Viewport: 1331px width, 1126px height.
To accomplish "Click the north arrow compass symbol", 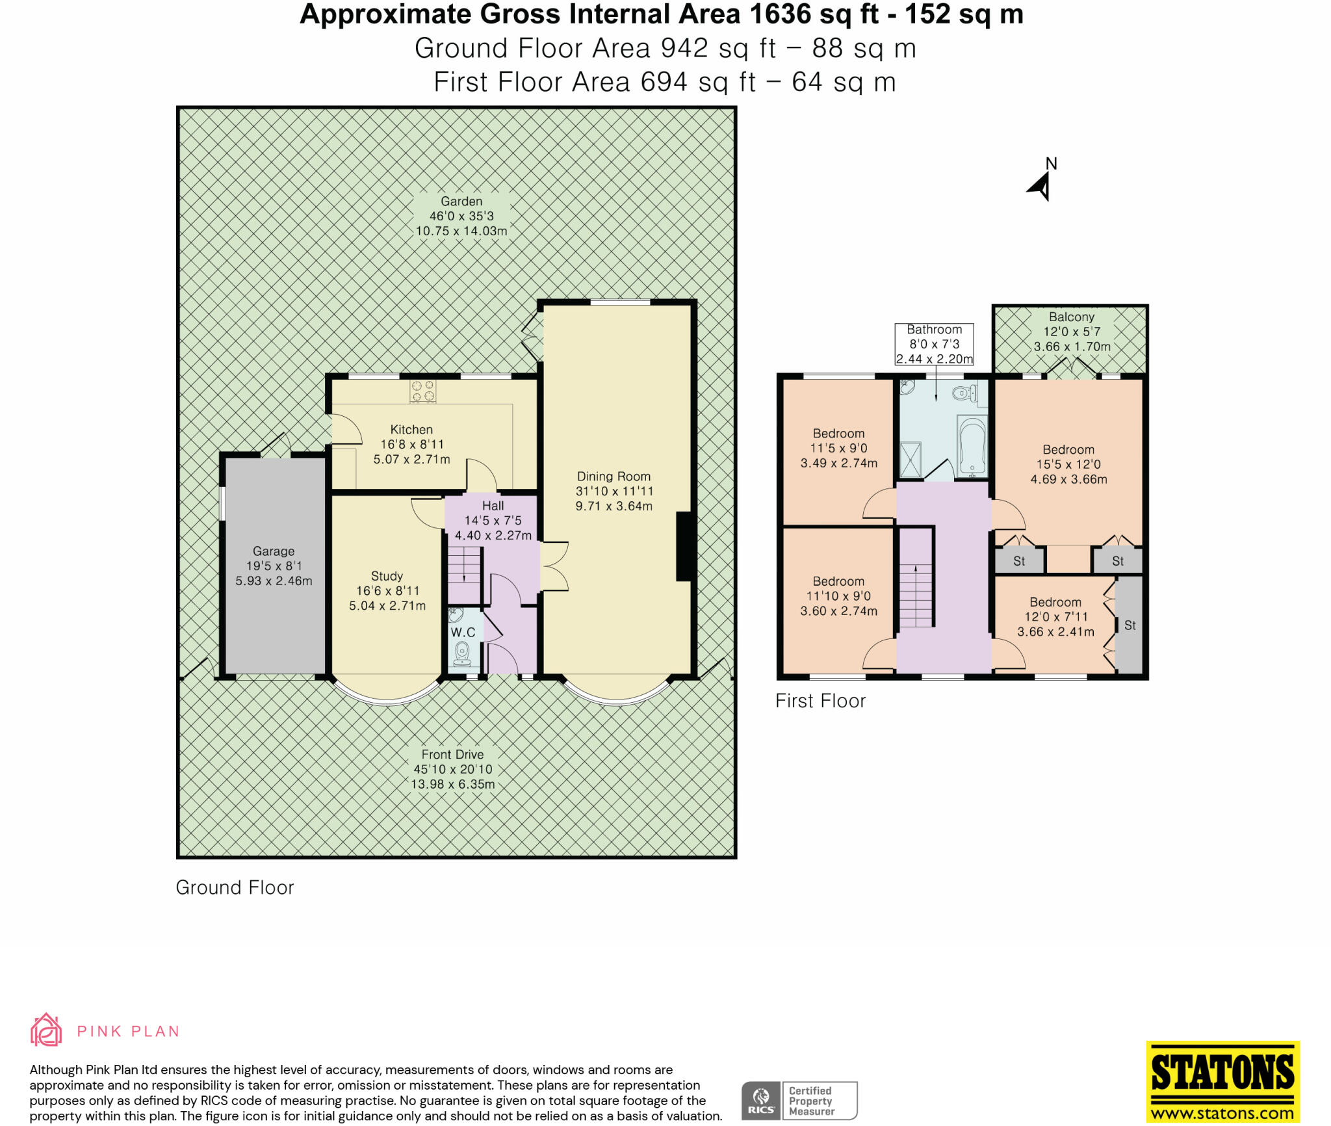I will [x=1040, y=186].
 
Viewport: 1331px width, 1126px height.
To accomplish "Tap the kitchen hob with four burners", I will [x=422, y=391].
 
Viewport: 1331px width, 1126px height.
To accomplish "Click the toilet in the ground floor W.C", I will [x=463, y=653].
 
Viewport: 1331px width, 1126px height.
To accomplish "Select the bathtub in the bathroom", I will [x=972, y=446].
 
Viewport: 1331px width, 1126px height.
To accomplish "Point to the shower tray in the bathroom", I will [x=910, y=460].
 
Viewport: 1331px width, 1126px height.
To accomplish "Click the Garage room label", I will [x=274, y=551].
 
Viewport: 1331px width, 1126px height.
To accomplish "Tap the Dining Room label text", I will [x=614, y=477].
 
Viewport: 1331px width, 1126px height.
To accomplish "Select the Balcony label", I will [x=1072, y=317].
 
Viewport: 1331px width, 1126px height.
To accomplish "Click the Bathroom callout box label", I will [x=935, y=344].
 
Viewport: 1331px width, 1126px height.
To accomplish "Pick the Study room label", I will [x=387, y=576].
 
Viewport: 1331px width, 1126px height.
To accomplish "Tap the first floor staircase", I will [x=916, y=595].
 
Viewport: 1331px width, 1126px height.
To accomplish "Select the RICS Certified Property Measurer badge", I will [x=799, y=1101].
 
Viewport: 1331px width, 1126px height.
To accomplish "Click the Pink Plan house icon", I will [x=46, y=1030].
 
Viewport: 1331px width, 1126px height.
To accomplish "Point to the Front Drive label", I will [x=452, y=754].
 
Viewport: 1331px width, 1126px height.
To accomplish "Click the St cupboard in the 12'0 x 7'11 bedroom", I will [x=1130, y=625].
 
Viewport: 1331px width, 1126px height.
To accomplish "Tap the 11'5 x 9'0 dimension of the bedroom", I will [x=838, y=448].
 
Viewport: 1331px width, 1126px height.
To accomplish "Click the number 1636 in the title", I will [x=781, y=14].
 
